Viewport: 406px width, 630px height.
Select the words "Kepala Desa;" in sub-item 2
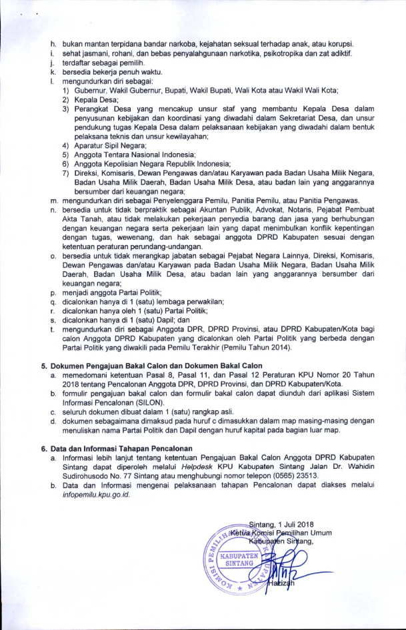point(93,99)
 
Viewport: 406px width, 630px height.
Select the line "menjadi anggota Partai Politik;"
point(116,283)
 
